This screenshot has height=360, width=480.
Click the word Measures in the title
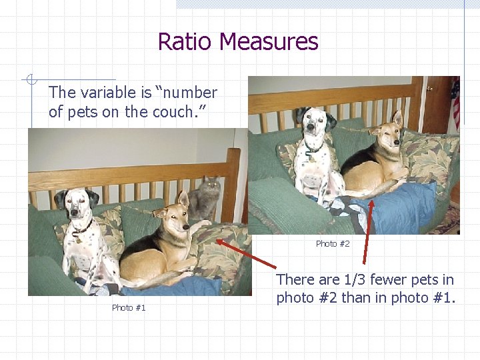click(x=269, y=42)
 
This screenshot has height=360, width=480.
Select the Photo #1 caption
click(x=129, y=307)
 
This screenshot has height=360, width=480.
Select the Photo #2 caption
click(x=333, y=243)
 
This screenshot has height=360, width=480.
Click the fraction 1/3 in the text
click(x=352, y=279)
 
